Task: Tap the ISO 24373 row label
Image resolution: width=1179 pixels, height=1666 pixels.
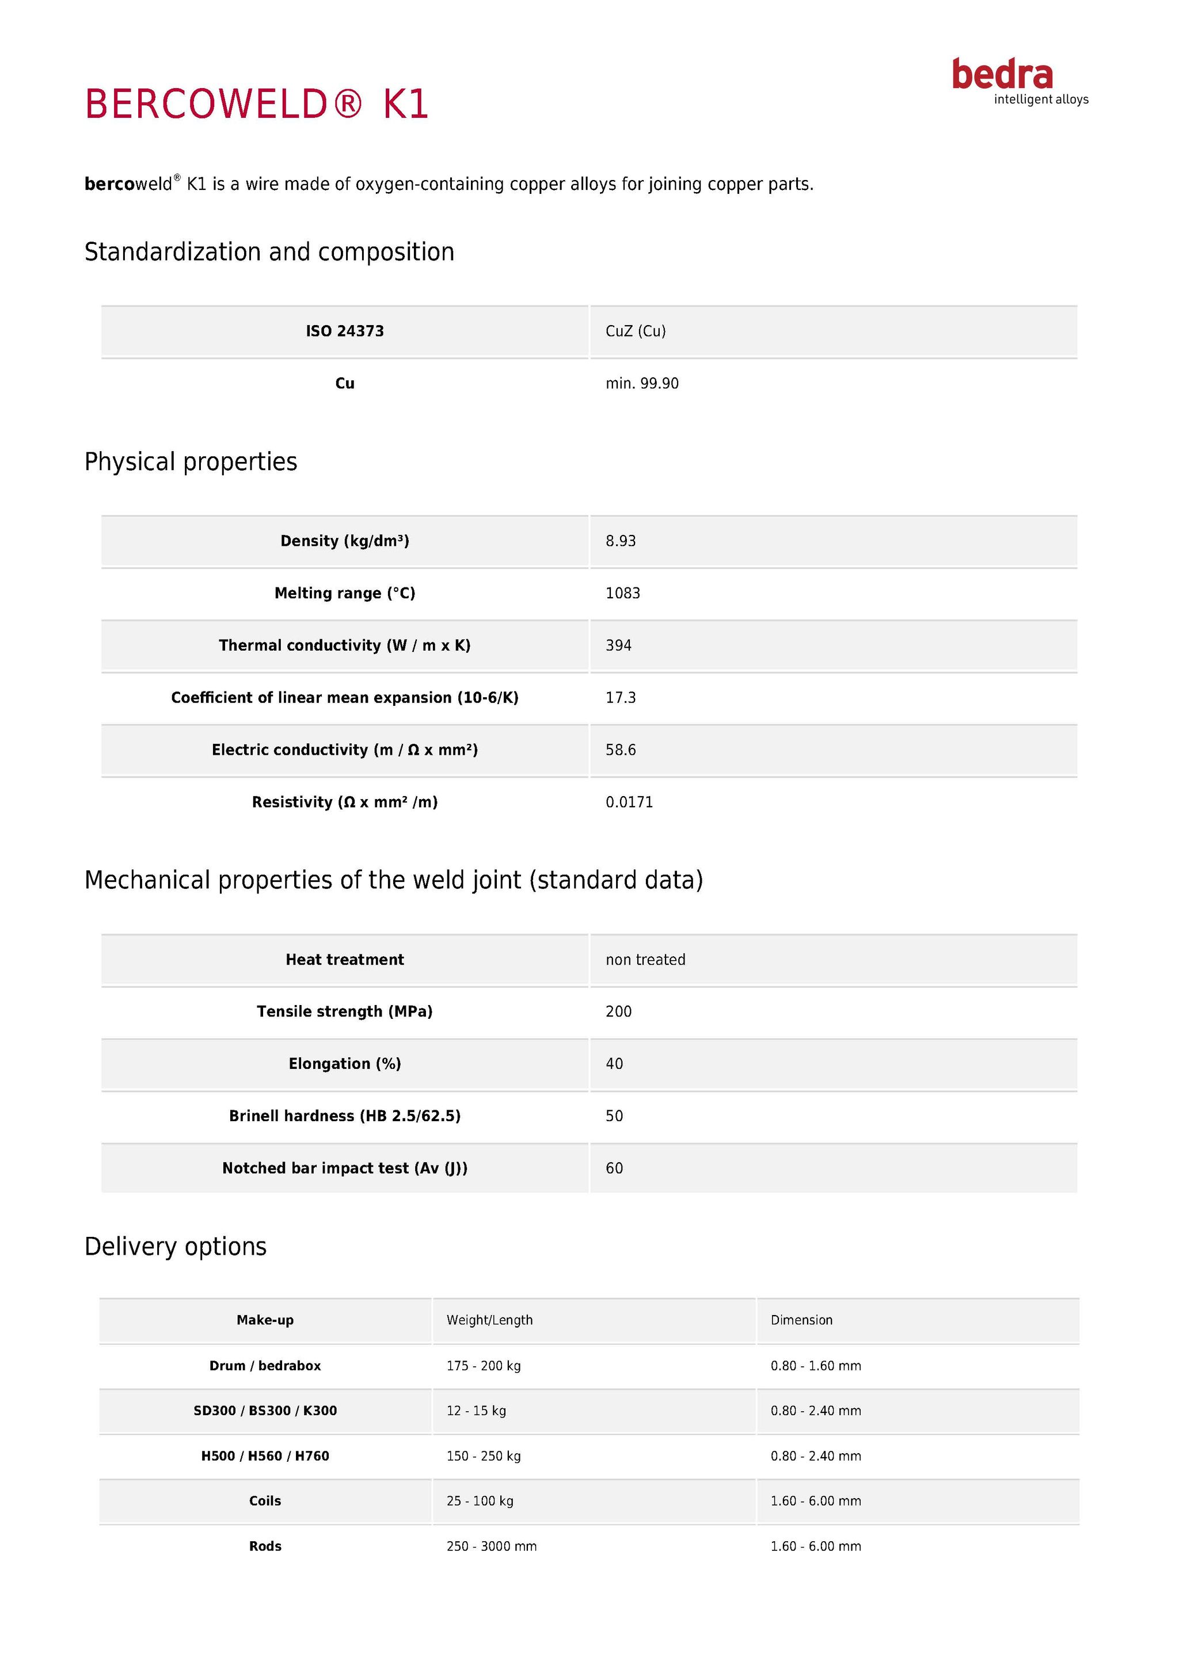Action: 344,331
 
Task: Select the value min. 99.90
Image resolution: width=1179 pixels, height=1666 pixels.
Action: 642,384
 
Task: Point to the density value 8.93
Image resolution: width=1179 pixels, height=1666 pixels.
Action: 621,541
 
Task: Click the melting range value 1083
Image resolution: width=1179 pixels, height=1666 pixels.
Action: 623,594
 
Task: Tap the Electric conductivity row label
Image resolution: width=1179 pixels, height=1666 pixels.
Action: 344,750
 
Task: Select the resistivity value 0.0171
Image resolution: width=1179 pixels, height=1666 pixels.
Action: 629,803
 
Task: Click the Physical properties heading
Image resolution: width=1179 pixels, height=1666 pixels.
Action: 191,462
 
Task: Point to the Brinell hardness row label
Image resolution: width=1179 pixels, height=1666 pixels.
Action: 344,1117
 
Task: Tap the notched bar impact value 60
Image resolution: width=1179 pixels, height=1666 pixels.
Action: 614,1169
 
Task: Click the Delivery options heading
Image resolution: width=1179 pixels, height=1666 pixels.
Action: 176,1247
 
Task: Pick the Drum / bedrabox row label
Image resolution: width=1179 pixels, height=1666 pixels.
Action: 265,1366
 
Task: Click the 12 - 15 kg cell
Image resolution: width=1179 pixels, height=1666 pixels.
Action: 476,1411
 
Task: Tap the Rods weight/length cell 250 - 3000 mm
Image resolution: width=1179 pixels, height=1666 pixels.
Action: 492,1547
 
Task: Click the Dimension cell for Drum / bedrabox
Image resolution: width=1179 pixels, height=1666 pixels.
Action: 816,1366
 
